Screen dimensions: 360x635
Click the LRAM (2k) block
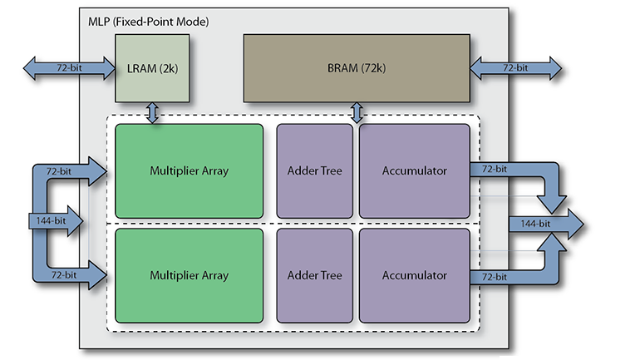pyautogui.click(x=152, y=67)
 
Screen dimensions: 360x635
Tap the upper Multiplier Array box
pyautogui.click(x=189, y=171)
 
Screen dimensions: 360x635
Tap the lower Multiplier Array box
pyautogui.click(x=189, y=275)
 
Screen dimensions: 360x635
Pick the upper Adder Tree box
pyautogui.click(x=314, y=171)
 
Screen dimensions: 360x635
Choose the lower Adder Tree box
pyautogui.click(x=314, y=275)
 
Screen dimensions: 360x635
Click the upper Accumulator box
pyautogui.click(x=414, y=171)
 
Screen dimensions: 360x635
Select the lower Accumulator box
pyautogui.click(x=414, y=275)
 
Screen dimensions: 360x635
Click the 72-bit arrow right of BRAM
pyautogui.click(x=515, y=67)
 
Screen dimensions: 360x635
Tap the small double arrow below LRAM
pyautogui.click(x=152, y=112)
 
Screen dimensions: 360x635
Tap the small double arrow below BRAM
pyautogui.click(x=358, y=112)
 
